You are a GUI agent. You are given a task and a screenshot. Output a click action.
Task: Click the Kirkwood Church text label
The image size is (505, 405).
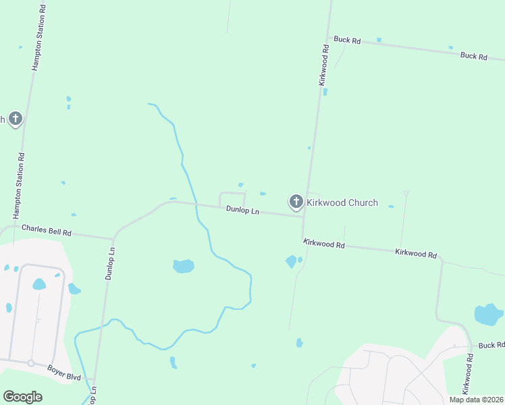[x=342, y=202]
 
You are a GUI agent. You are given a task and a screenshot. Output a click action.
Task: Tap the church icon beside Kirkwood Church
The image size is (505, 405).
[x=296, y=202]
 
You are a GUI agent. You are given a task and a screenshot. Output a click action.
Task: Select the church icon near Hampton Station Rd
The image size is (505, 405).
[x=16, y=119]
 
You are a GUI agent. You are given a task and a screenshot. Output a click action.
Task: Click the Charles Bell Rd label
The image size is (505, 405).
[x=47, y=230]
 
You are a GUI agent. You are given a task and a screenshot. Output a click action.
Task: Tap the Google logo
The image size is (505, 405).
[x=22, y=397]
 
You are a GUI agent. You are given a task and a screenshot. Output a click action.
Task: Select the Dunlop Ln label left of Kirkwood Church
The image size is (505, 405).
[x=242, y=211]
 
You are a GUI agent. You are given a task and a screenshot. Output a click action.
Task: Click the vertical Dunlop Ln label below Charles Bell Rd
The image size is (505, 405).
[x=110, y=263]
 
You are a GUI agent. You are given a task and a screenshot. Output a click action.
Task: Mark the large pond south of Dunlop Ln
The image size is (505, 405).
[x=184, y=266]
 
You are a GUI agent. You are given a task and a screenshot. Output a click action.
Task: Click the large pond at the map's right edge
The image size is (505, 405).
[x=488, y=314]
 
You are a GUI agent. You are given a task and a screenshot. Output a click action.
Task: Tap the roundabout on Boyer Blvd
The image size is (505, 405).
[x=30, y=362]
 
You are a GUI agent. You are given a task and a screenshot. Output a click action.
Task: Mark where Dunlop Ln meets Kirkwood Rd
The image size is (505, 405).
[x=302, y=217]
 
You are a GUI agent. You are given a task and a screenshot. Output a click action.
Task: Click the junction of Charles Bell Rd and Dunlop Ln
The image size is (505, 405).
[x=113, y=238]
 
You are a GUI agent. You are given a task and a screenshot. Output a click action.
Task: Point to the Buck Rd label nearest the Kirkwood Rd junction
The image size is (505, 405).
[x=347, y=40]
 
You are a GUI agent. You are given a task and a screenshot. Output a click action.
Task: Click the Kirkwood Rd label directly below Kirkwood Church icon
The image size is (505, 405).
[x=324, y=244]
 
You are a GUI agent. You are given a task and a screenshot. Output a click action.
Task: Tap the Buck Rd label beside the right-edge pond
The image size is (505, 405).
[x=491, y=346]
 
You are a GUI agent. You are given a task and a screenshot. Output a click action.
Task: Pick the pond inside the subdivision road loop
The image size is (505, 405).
[x=39, y=284]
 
